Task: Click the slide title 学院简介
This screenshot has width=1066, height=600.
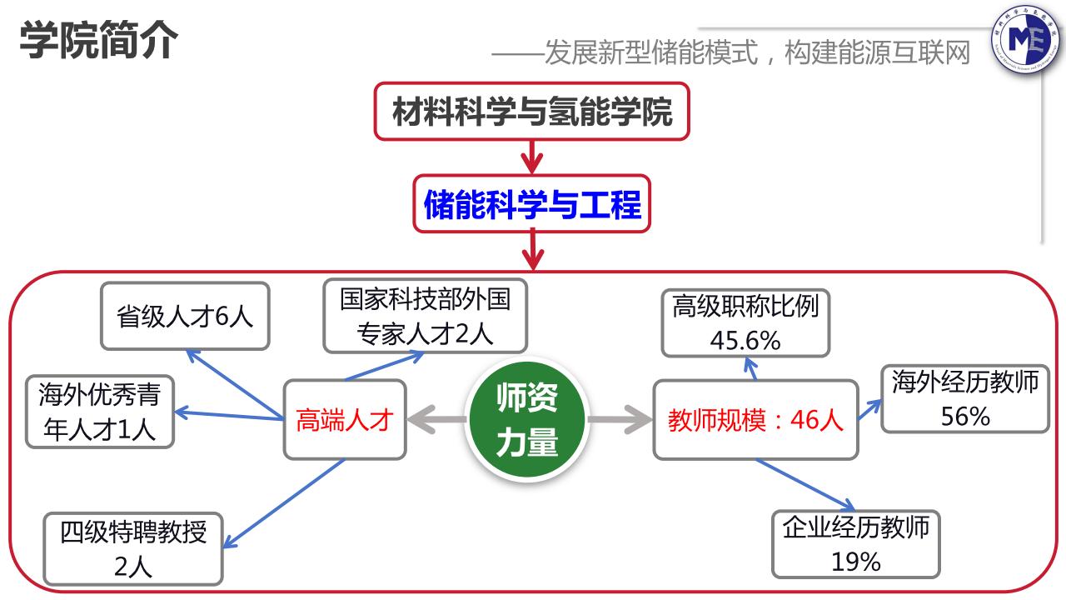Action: [97, 39]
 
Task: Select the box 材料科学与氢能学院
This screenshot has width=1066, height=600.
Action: [532, 111]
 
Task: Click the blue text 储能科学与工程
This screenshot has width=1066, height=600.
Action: [532, 203]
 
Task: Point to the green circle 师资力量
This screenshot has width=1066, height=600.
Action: [526, 420]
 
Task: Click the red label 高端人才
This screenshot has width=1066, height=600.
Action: [344, 420]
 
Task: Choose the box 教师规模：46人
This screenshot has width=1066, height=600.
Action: [755, 420]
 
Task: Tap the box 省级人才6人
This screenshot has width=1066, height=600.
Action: [185, 316]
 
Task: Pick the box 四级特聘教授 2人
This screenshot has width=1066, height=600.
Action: [133, 548]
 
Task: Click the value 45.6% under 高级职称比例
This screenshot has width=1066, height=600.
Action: [745, 340]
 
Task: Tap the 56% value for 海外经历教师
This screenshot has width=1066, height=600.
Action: [964, 416]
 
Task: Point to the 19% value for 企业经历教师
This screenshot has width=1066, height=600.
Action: [855, 561]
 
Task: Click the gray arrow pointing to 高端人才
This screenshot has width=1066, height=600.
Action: [437, 419]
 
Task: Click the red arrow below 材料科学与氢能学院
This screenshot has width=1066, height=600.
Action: [532, 156]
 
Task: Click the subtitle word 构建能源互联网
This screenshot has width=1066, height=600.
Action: [878, 54]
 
